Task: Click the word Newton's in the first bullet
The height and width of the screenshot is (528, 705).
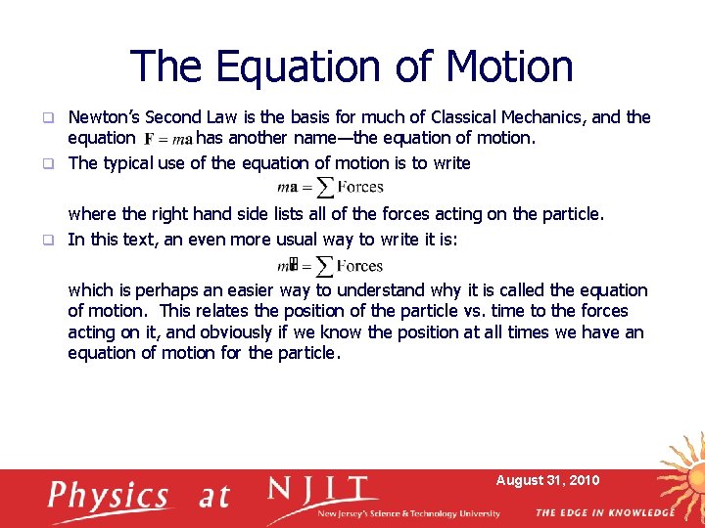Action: [102, 117]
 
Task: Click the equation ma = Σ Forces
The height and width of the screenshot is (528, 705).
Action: [330, 187]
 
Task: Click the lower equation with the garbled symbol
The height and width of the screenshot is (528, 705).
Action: [330, 265]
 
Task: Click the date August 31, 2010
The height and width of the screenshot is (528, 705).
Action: [547, 480]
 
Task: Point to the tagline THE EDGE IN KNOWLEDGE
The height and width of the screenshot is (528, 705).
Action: [604, 512]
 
